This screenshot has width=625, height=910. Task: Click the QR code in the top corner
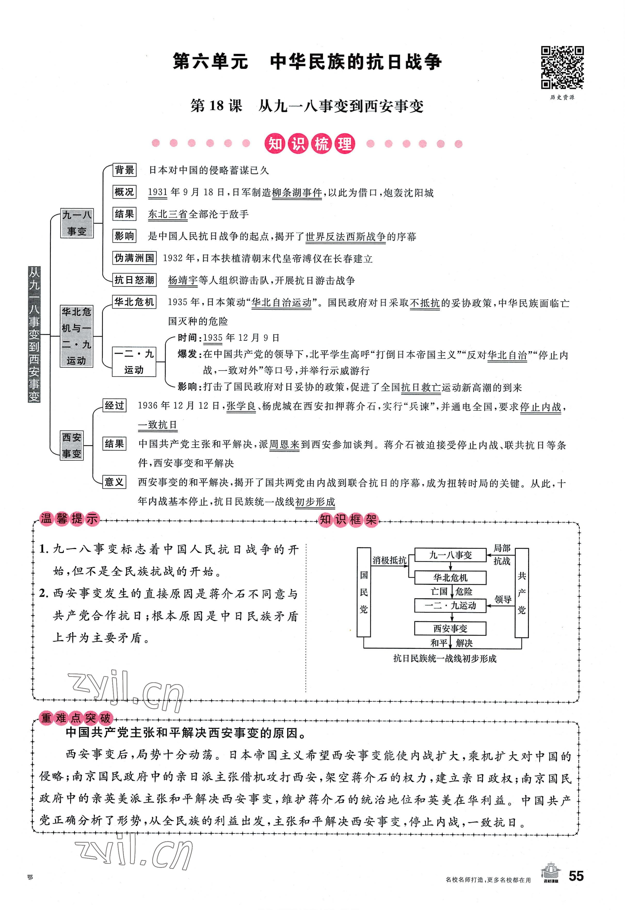coord(562,68)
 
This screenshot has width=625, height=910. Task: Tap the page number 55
coord(576,887)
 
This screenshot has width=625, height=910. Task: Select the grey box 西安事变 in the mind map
coord(72,445)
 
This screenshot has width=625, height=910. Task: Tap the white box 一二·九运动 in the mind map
coord(134,362)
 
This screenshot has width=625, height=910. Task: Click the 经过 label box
coord(114,406)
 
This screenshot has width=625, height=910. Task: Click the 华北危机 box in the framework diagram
coord(450,577)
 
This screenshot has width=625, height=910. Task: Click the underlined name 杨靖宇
coord(182,280)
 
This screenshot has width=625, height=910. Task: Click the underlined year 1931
coord(158,192)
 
